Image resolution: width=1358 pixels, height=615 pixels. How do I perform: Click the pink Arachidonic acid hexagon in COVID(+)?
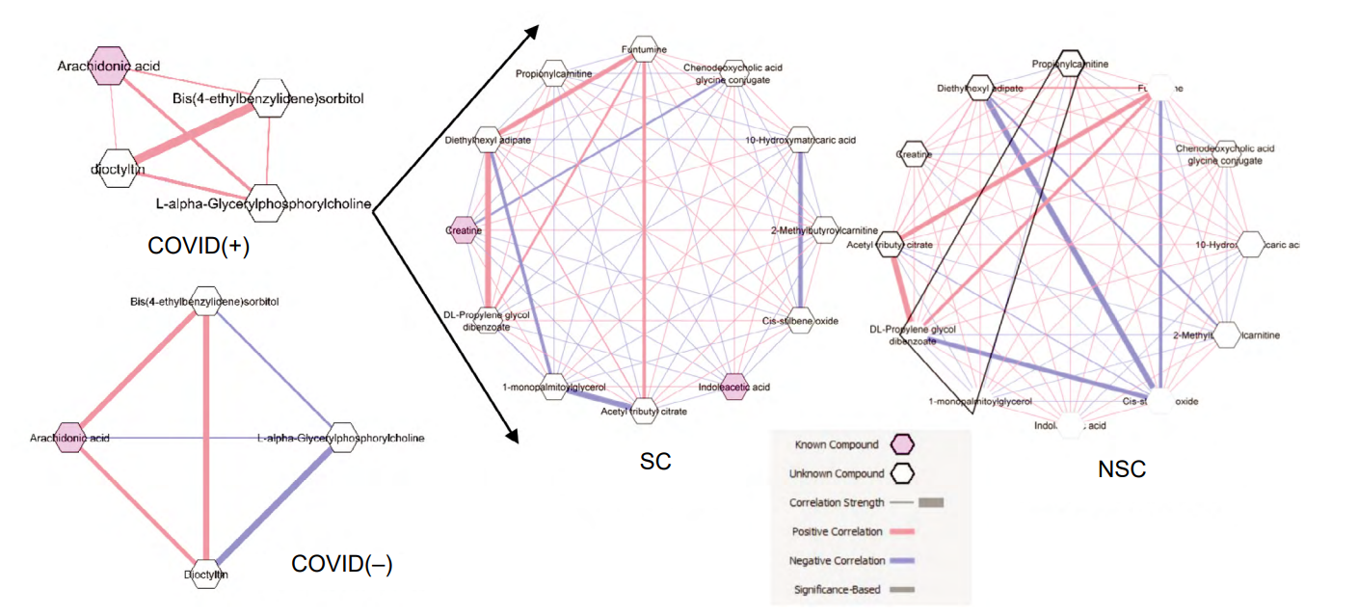(108, 66)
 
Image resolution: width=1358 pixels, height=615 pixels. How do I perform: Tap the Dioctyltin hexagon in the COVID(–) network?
(207, 574)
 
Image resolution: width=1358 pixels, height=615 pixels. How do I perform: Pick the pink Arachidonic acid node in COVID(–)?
(70, 437)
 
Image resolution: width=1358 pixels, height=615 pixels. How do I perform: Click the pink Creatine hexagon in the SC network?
(463, 231)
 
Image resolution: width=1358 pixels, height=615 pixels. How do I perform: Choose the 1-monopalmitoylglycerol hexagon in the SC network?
(552, 387)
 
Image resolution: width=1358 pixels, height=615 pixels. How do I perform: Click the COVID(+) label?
(199, 246)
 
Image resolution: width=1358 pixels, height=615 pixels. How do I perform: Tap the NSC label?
(1123, 469)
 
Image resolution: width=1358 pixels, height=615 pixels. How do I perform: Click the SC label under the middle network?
(655, 462)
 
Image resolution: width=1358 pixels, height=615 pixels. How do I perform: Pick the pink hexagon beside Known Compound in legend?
(904, 444)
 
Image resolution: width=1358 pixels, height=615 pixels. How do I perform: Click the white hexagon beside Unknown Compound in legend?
(904, 473)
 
